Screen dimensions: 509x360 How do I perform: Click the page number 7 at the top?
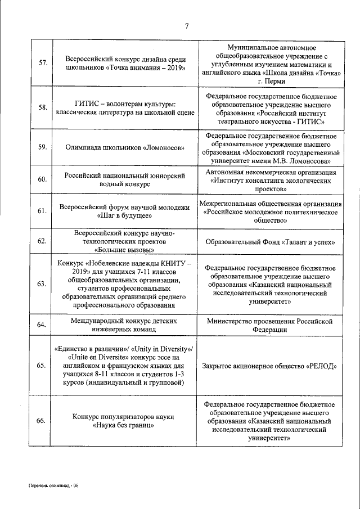pos(186,25)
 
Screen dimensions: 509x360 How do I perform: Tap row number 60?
pos(42,179)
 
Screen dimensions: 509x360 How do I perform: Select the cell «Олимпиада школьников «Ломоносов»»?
pos(125,148)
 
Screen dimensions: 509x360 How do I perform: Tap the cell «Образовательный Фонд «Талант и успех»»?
pos(271,242)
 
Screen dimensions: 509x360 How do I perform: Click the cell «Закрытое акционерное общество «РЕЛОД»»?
pos(271,366)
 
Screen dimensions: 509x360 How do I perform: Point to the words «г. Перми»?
pos(271,82)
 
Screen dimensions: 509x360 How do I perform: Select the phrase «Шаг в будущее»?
pos(125,216)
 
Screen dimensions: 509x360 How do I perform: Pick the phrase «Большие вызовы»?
pos(125,250)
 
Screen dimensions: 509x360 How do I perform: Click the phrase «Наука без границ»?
pos(125,426)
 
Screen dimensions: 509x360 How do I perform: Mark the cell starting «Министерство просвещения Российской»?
pos(271,325)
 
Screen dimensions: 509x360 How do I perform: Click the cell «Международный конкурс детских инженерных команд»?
pos(125,325)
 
